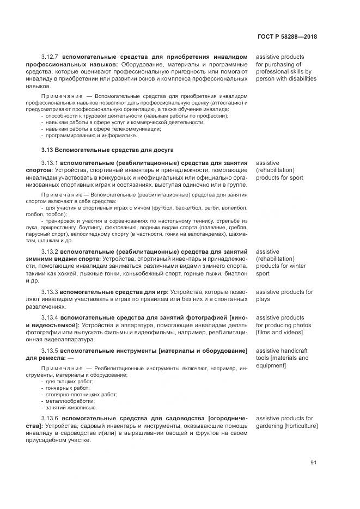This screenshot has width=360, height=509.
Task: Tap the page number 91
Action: pos(313,463)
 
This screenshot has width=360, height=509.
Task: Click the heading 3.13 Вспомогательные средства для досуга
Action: pos(107,149)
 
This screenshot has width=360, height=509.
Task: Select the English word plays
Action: pos(263,299)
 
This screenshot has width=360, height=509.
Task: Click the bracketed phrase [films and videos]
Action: pos(279,332)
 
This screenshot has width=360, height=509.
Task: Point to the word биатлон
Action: pos(235,274)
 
